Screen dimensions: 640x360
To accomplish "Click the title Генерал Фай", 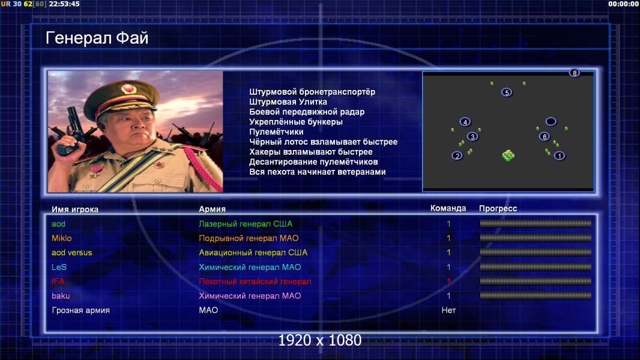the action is coord(97,38).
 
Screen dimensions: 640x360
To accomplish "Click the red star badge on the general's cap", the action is coord(128,88).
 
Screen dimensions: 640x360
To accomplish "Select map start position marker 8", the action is coord(575,73).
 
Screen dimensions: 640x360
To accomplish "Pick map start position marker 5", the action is coord(507,92).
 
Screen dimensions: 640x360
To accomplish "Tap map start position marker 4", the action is coord(465,122).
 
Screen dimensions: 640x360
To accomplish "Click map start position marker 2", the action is coord(457,156).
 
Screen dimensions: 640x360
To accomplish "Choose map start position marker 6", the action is coord(544,137).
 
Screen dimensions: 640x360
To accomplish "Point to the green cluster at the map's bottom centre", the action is coord(508,155).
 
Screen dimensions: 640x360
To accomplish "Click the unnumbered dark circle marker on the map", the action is coord(551,121).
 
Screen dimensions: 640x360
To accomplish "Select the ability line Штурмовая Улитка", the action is coord(288,102).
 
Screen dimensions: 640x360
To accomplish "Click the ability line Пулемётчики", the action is coord(276,132).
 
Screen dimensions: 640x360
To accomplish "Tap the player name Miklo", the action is coord(62,239).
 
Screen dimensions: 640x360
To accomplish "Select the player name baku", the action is coord(61,296).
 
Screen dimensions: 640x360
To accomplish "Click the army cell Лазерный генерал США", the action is coord(246,224).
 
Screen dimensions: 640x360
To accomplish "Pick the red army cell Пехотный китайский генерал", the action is coord(255,282).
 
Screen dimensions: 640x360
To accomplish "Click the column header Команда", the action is coord(448,208).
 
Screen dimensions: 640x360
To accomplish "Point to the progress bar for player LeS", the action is coord(536,267).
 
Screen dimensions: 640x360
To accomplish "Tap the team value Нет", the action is coord(448,310).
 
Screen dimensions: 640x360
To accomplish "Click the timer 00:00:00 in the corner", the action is coord(623,4).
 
